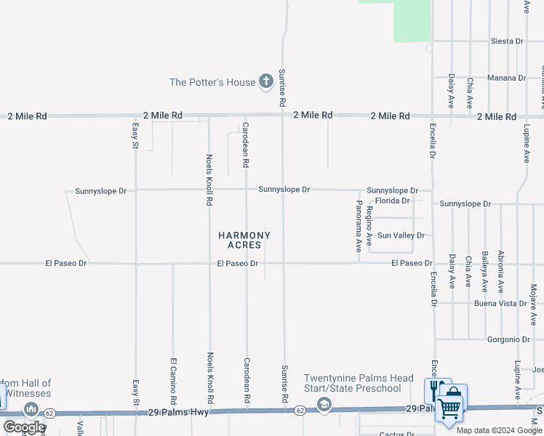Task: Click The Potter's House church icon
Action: pyautogui.click(x=265, y=81)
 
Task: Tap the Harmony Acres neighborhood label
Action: pyautogui.click(x=244, y=240)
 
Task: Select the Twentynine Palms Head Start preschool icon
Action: pyautogui.click(x=324, y=405)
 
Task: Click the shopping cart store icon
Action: pyautogui.click(x=449, y=408)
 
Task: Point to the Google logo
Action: pyautogui.click(x=24, y=427)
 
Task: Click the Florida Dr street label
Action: pyautogui.click(x=392, y=201)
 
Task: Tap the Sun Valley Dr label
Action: pyautogui.click(x=400, y=235)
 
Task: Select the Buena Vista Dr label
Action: pyautogui.click(x=500, y=303)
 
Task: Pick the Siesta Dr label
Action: pyautogui.click(x=507, y=41)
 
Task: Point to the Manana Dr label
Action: pyautogui.click(x=507, y=78)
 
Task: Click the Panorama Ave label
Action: pyautogui.click(x=359, y=226)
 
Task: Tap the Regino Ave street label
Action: pyautogui.click(x=369, y=225)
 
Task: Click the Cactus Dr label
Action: pyautogui.click(x=396, y=435)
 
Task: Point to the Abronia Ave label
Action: pyautogui.click(x=500, y=271)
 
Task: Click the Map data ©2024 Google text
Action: pyautogui.click(x=499, y=430)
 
